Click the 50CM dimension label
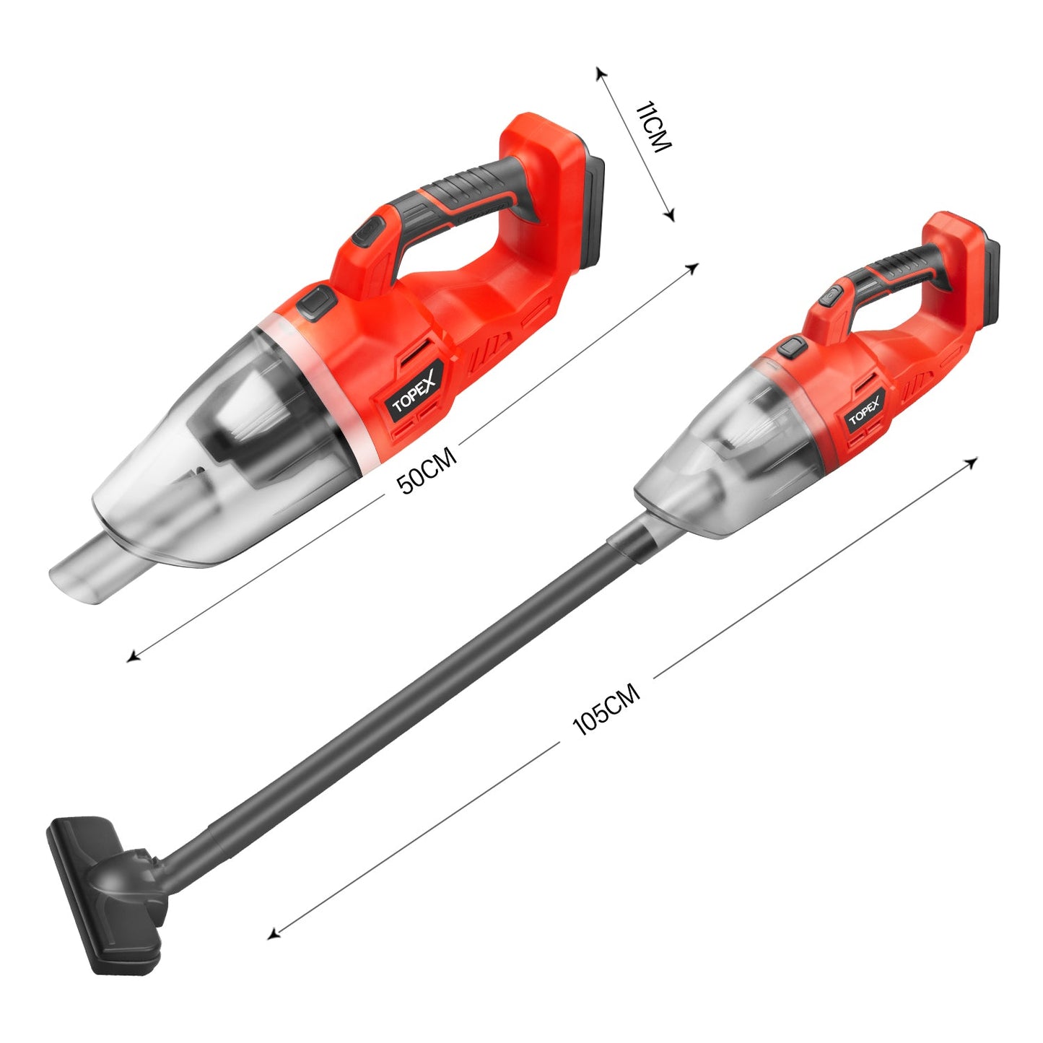(x=427, y=469)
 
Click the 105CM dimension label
(x=606, y=709)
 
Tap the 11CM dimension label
(x=654, y=128)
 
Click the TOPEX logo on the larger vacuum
(x=414, y=394)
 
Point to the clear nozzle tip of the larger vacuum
(x=81, y=572)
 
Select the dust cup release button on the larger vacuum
(x=317, y=301)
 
